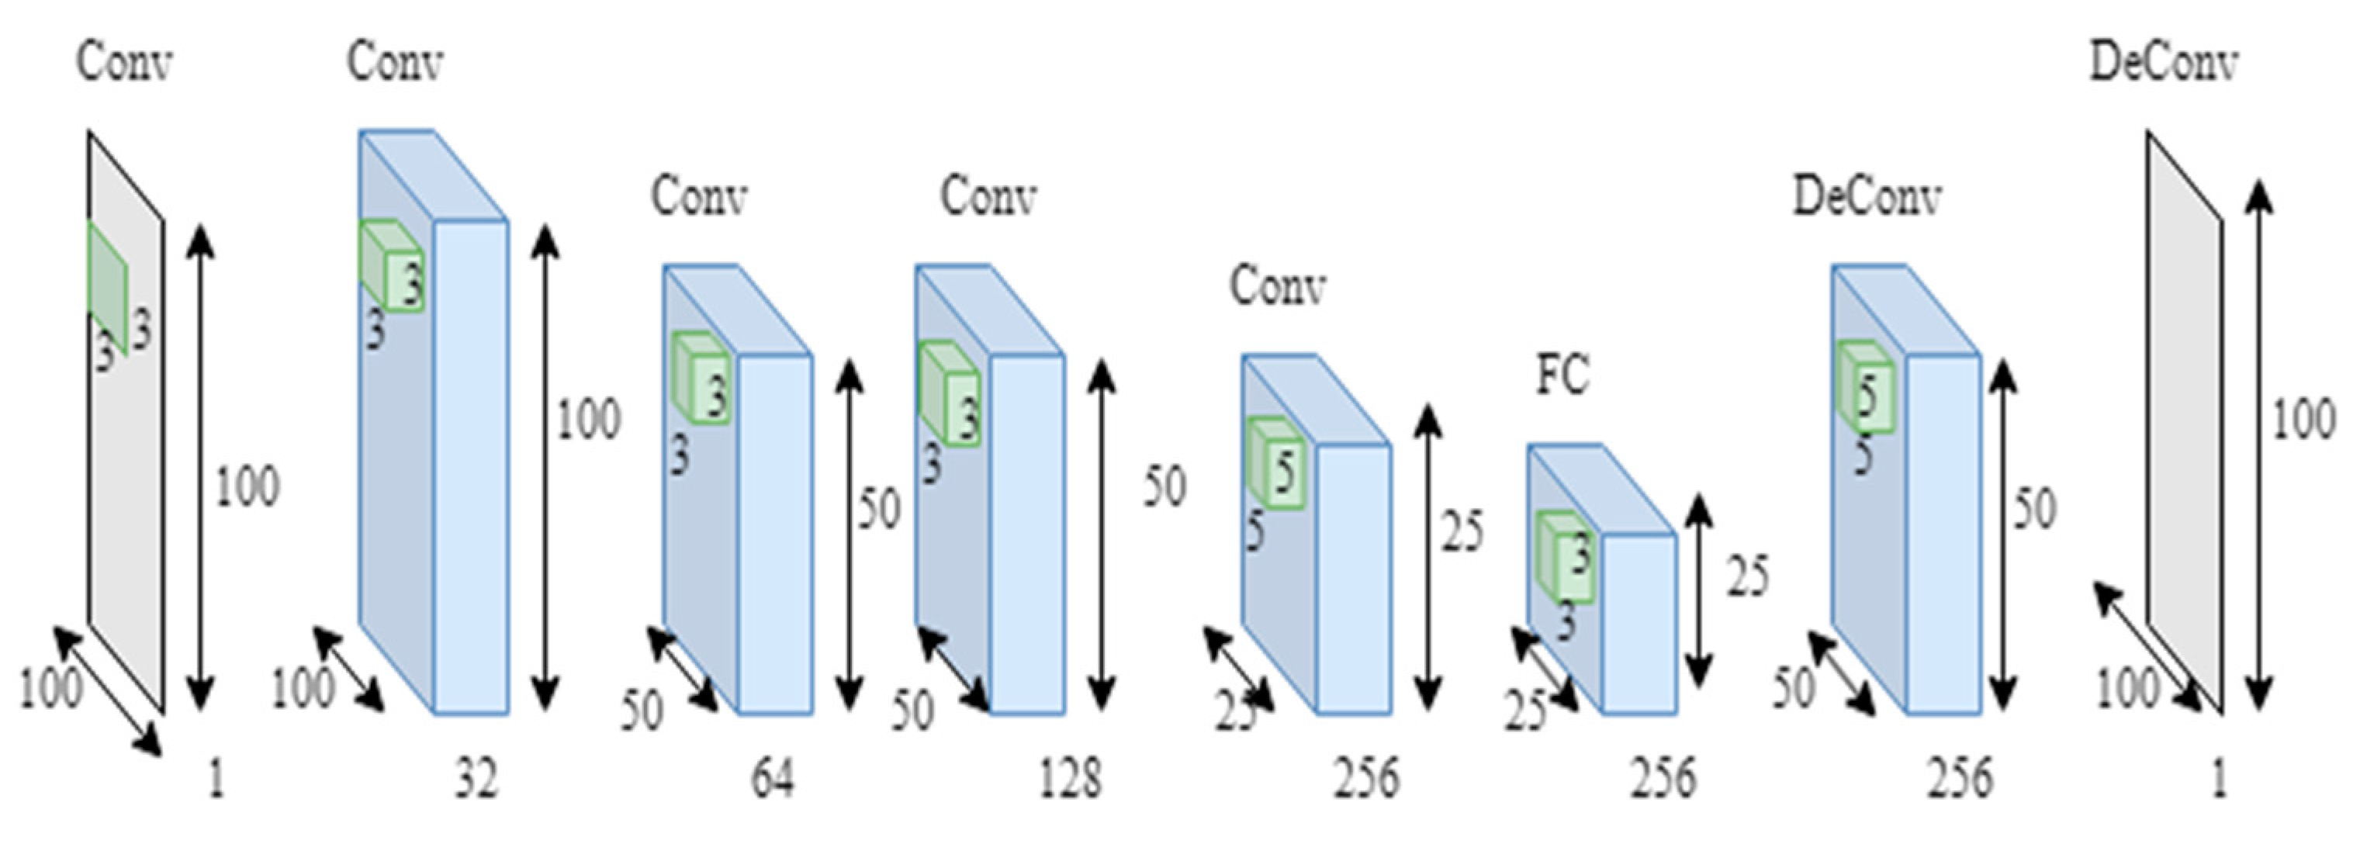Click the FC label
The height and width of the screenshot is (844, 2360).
tap(1563, 375)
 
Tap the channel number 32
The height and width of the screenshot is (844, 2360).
tap(476, 779)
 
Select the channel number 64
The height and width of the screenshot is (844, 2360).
tap(772, 779)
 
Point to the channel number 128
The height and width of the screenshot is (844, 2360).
tap(1070, 779)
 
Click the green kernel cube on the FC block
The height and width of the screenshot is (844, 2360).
tap(1566, 556)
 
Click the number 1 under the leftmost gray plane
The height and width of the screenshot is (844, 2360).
tap(216, 779)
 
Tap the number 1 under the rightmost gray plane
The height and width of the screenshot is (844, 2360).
tap(2218, 779)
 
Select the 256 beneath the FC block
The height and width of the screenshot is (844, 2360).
tap(1663, 779)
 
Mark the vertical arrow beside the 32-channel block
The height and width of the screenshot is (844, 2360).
tap(546, 467)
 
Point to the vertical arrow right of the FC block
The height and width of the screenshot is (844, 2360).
tap(1700, 591)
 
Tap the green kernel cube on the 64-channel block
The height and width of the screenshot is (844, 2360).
tap(703, 378)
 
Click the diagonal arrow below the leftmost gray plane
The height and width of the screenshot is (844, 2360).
tap(108, 692)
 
